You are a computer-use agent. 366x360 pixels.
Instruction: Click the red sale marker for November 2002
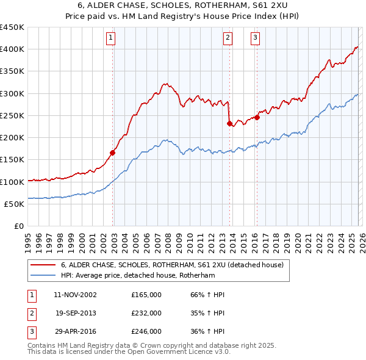coord(113,153)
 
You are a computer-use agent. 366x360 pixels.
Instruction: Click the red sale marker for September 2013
coord(229,123)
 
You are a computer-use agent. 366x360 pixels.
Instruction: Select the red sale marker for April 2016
coord(257,117)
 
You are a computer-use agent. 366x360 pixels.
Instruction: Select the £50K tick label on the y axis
coord(14,204)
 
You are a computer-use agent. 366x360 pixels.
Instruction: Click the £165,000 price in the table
coord(146,295)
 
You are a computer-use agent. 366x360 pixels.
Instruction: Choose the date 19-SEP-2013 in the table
coord(76,313)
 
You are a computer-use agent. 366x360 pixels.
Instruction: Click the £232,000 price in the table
coord(146,313)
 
